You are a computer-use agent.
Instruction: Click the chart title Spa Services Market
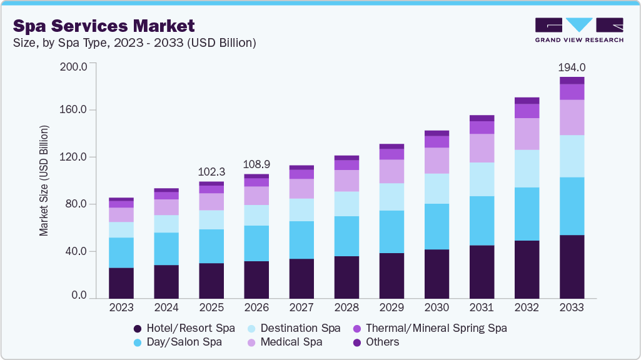[x=104, y=26]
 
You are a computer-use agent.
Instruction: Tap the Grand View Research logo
[x=578, y=30]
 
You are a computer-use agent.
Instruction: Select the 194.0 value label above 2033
[x=572, y=67]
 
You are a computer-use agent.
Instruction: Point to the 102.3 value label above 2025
[x=211, y=172]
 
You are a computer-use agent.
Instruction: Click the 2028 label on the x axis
[x=346, y=308]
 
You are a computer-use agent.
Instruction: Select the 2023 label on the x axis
[x=121, y=308]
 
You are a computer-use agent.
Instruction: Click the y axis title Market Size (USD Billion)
[x=44, y=181]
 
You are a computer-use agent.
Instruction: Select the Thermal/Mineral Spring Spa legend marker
[x=357, y=328]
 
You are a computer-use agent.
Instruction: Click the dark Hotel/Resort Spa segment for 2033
[x=572, y=267]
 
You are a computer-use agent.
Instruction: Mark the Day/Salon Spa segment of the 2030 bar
[x=437, y=226]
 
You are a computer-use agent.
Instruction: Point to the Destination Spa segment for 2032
[x=527, y=169]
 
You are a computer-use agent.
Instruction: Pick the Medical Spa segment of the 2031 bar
[x=482, y=148]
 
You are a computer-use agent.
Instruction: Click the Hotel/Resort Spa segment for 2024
[x=166, y=282]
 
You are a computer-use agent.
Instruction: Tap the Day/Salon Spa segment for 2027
[x=301, y=240]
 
